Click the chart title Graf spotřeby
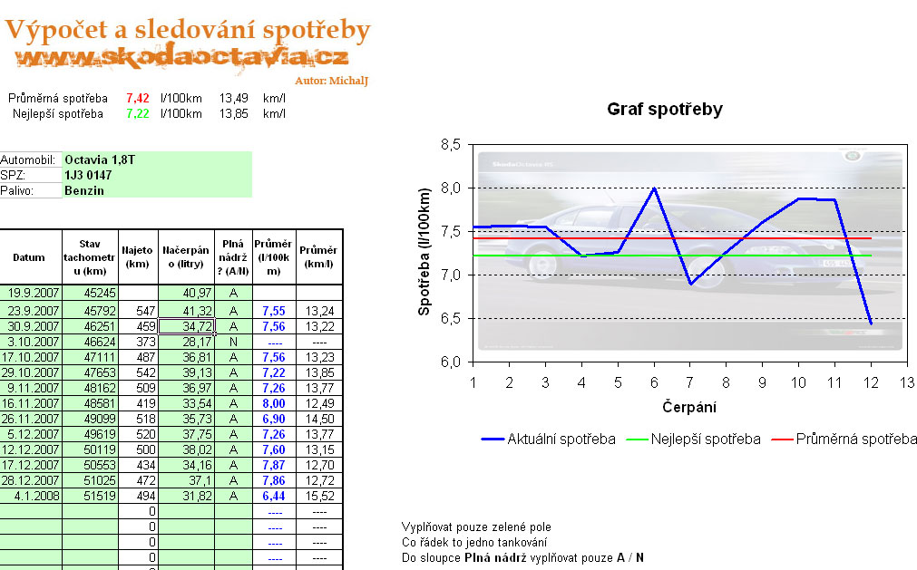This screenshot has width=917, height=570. tap(664, 110)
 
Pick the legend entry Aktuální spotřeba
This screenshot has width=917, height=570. tap(561, 440)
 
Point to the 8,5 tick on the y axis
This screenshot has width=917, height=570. tap(450, 145)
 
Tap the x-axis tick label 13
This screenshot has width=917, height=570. tap(906, 382)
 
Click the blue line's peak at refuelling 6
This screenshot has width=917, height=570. tap(653, 188)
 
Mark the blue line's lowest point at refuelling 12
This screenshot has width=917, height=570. tap(870, 324)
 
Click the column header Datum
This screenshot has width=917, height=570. tap(29, 256)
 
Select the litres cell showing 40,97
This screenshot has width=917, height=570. tap(186, 293)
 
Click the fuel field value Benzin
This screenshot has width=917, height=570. tap(84, 190)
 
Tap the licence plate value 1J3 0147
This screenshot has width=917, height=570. tap(88, 175)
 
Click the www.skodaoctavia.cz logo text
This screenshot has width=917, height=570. tap(181, 58)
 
